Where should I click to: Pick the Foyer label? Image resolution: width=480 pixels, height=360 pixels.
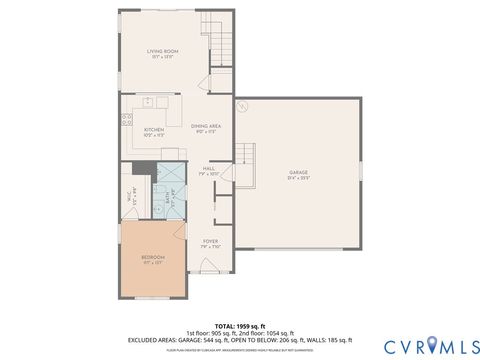pyautogui.click(x=211, y=242)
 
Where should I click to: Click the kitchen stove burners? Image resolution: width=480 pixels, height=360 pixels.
pyautogui.click(x=128, y=119)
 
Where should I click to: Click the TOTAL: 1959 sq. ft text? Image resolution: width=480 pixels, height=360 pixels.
pyautogui.click(x=239, y=324)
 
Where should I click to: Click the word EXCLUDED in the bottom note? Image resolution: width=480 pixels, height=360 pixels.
pyautogui.click(x=144, y=339)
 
